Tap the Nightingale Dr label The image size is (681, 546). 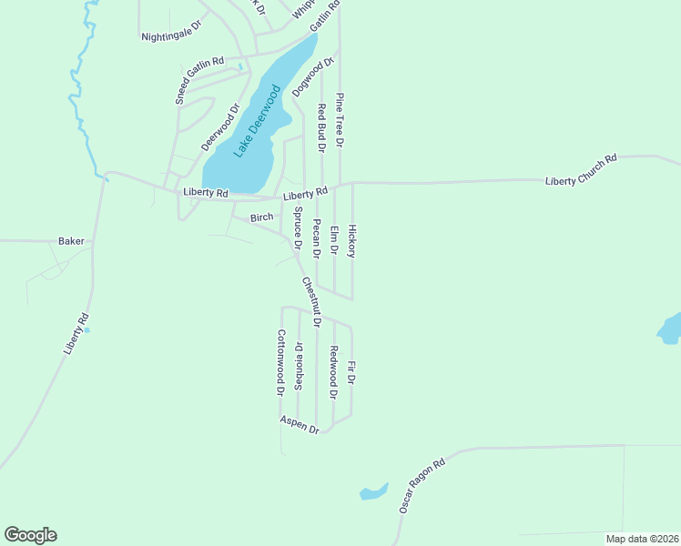tap(170, 36)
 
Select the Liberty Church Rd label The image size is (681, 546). tap(581, 170)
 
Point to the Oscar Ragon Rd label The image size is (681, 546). tap(422, 485)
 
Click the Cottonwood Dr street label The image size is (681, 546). tap(281, 362)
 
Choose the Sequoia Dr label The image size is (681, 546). tap(299, 366)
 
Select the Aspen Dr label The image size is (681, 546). tap(300, 424)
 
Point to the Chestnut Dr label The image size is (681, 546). tap(311, 301)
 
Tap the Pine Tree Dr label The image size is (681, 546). tap(340, 119)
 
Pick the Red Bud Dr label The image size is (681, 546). tap(320, 126)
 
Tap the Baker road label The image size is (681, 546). tap(71, 241)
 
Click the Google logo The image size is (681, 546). tap(30, 535)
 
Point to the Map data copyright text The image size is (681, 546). tap(642, 539)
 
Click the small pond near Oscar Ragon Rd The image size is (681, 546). tap(372, 492)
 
